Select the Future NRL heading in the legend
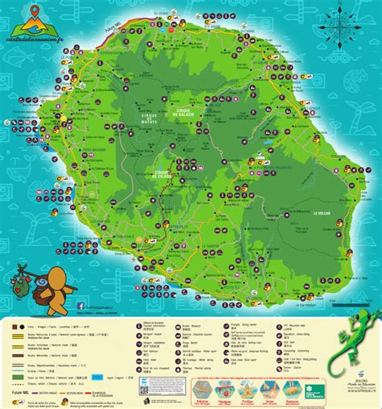click(x=15, y=389)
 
